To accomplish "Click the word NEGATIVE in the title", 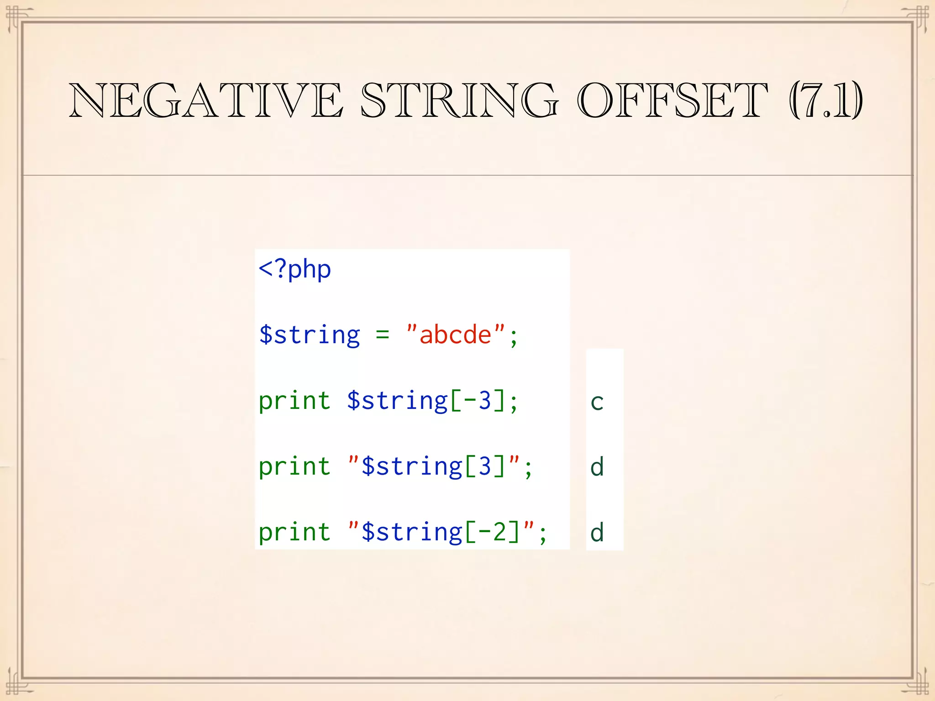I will click(x=205, y=100).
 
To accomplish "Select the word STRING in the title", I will click(x=459, y=100).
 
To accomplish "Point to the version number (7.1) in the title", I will click(x=826, y=100).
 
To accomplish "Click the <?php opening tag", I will click(x=294, y=269).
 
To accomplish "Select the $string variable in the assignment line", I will click(x=310, y=335).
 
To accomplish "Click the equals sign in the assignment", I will click(x=383, y=335).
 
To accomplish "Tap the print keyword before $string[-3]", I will click(x=294, y=402).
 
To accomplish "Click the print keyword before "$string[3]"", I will click(x=294, y=467).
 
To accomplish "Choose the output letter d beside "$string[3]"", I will click(x=597, y=467).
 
